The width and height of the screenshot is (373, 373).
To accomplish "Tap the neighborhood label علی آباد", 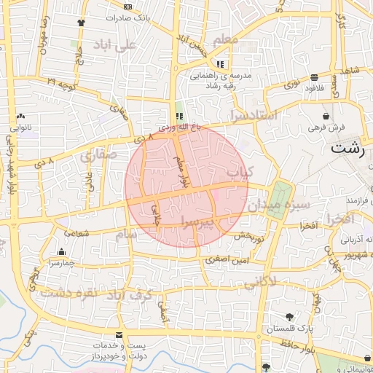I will point(115,45).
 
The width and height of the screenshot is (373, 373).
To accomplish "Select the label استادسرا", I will point(252,115).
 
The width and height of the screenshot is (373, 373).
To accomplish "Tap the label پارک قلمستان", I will point(290,329).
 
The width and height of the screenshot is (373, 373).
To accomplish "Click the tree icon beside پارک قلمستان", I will point(290,317).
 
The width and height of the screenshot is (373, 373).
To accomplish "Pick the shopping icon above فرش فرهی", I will point(325,116).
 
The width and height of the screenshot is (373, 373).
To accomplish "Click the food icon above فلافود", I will point(314,77).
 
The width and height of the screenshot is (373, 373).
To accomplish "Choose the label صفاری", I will point(95,154).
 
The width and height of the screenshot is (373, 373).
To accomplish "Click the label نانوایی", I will point(20,127).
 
